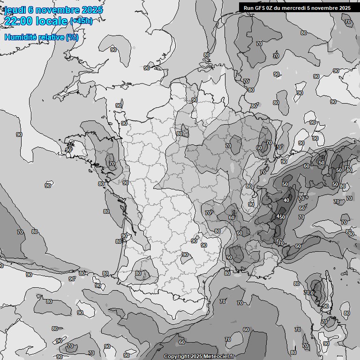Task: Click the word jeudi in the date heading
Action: [15, 10]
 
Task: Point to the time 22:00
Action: [18, 21]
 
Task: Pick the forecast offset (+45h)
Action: [81, 21]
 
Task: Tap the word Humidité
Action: [20, 37]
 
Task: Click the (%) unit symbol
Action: [72, 37]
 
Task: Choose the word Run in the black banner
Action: [249, 7]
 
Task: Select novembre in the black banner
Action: [326, 7]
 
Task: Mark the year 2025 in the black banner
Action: [345, 7]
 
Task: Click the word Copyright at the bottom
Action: [177, 357]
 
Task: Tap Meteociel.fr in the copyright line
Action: [220, 357]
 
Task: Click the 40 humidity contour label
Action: [286, 201]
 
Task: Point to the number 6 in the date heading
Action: [30, 10]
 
